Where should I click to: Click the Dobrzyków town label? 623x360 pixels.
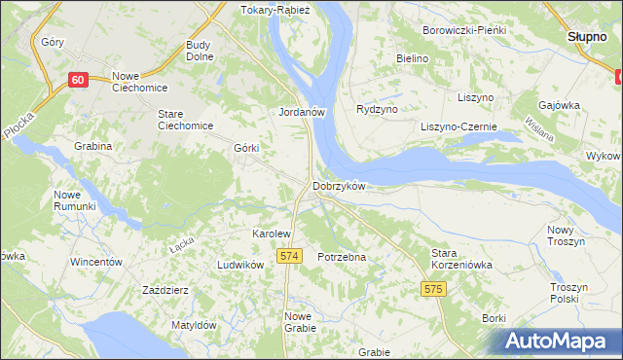[x=338, y=186]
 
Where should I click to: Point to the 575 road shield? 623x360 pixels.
[x=434, y=289]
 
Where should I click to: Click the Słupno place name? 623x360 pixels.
[x=587, y=36]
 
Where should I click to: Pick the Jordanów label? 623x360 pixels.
[x=301, y=112]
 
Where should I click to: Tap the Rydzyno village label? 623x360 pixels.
[x=378, y=110]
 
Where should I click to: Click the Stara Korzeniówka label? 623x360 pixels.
[x=462, y=258]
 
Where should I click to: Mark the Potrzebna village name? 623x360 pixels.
[x=342, y=257]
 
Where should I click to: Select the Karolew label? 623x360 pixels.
[x=272, y=234]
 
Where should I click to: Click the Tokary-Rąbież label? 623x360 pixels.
[x=275, y=11]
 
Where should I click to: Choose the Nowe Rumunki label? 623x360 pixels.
[x=75, y=200]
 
